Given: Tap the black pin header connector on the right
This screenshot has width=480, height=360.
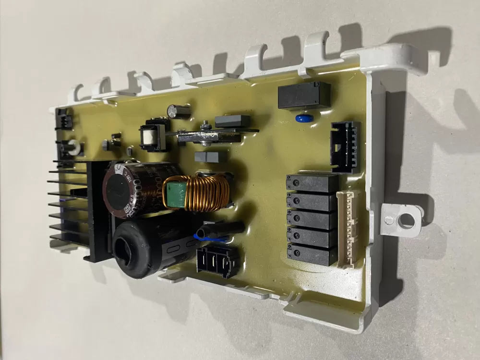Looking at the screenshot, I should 345,146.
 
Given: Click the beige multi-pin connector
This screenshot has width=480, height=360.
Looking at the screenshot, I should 350,228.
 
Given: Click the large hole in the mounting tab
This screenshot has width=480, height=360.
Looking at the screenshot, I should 407,220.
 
